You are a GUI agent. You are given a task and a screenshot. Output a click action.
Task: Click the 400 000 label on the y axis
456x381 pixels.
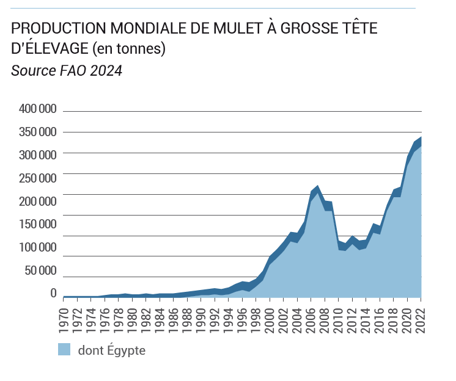pos(39,109)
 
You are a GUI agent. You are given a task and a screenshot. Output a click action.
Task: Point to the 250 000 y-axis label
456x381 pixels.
pos(39,178)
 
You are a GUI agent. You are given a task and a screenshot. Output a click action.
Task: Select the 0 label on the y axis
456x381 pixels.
pos(53,294)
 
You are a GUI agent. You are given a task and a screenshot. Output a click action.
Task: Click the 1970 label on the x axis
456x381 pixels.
pos(64,317)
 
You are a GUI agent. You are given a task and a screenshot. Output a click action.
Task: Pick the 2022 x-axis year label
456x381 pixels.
pos(421,317)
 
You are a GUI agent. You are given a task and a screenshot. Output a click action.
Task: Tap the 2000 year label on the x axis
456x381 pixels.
pos(270,317)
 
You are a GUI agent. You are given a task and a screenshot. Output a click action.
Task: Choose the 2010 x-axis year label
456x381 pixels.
pos(339,317)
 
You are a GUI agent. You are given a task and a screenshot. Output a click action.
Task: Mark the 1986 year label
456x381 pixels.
pos(174,317)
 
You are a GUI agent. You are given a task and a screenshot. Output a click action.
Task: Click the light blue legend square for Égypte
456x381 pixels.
pos(64,350)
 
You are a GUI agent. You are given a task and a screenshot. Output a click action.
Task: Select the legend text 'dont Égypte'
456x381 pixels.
pos(111,350)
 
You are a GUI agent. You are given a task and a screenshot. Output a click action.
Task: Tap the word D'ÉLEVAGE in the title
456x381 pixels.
pos(49,48)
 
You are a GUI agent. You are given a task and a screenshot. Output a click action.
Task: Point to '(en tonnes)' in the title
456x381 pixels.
pos(128,48)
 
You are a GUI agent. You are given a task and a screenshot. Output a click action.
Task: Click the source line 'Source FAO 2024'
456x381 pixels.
pos(67,71)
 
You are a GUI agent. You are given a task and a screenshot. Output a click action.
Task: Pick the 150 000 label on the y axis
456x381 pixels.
pos(39,224)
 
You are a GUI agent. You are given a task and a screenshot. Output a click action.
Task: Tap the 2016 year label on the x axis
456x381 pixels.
pos(380,317)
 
